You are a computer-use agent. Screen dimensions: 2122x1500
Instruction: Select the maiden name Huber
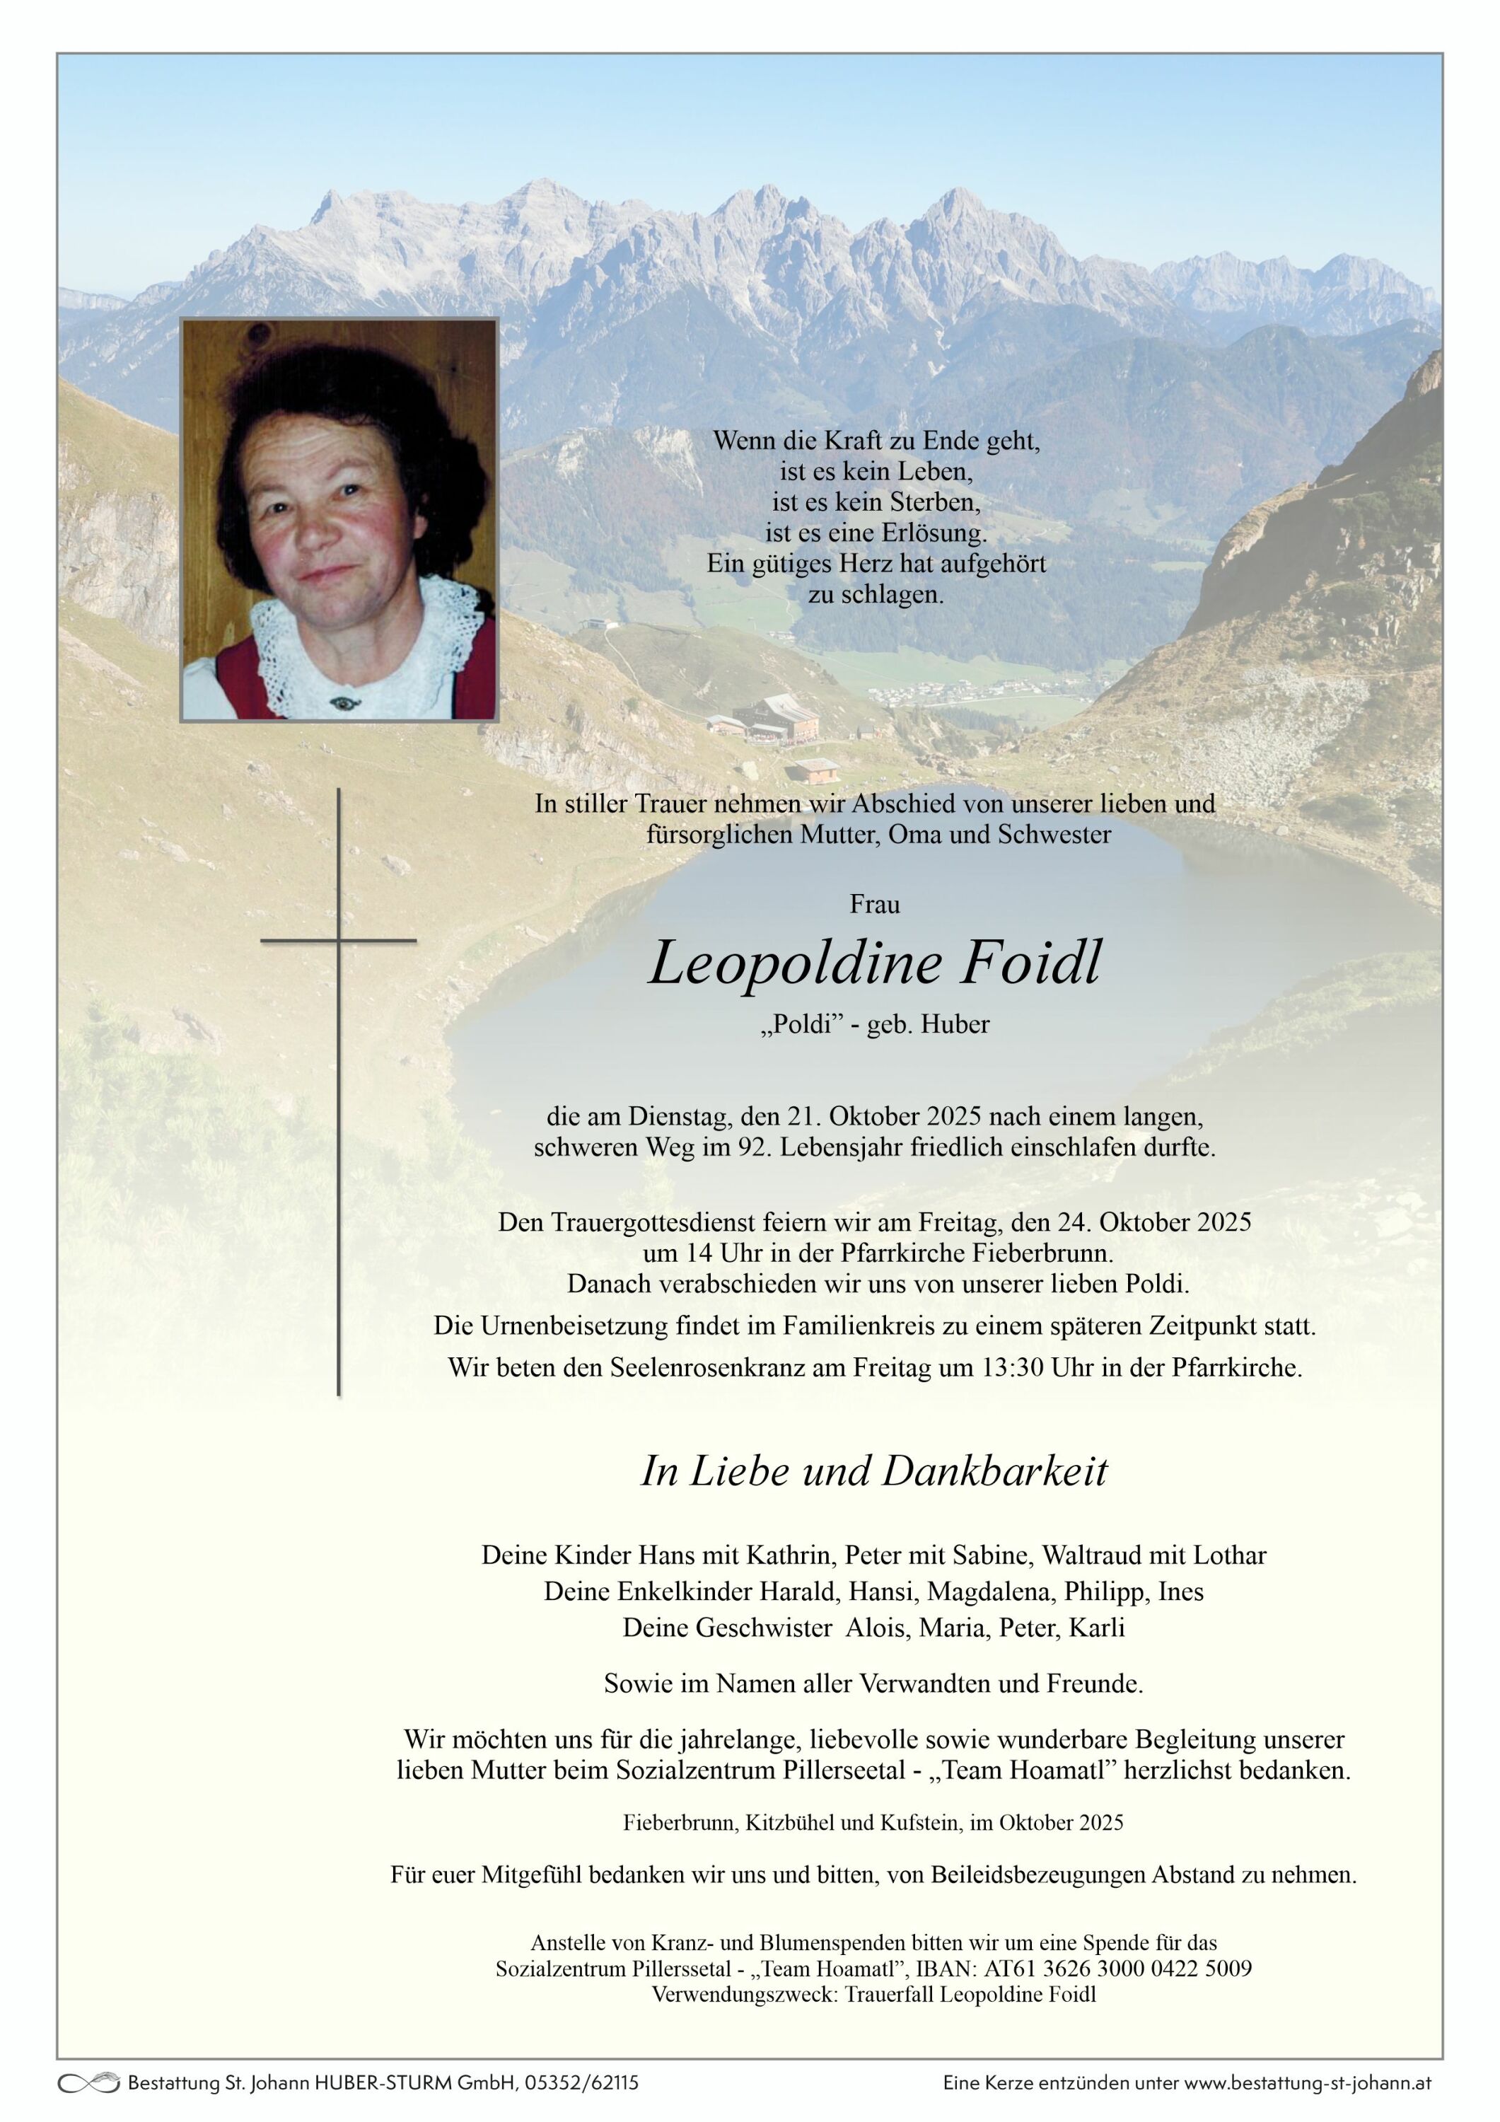point(955,1024)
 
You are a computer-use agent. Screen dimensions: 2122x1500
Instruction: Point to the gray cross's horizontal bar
point(338,941)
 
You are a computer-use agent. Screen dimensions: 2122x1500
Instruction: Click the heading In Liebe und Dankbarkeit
point(873,1471)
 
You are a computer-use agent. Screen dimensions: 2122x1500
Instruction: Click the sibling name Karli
point(1097,1627)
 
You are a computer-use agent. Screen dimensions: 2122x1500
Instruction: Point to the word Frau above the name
point(874,904)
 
